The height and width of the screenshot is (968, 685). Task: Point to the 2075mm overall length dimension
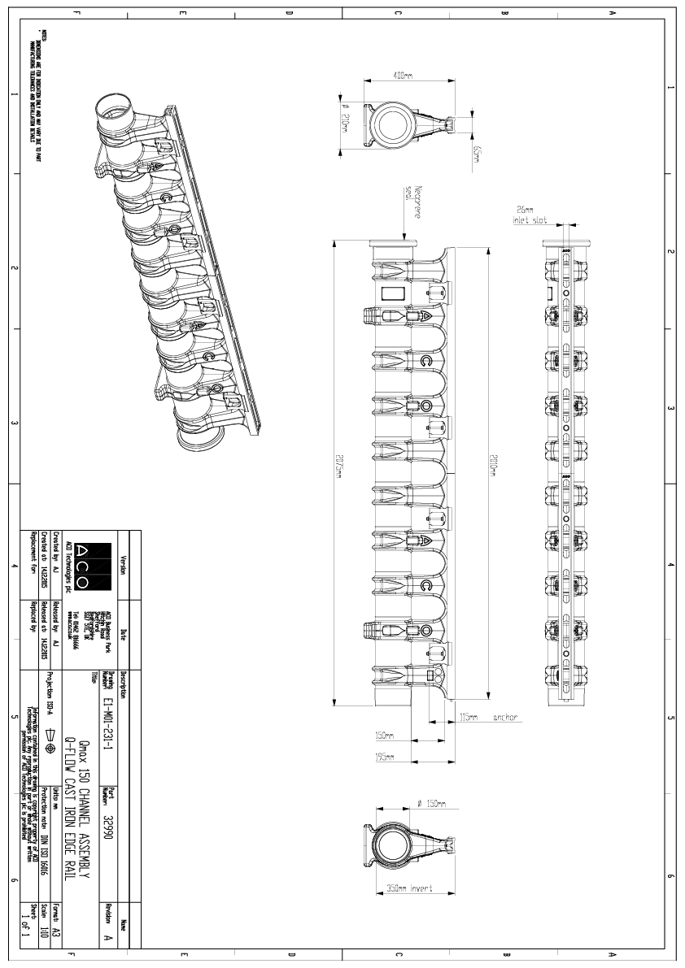(x=336, y=470)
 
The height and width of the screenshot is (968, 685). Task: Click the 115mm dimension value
(x=469, y=718)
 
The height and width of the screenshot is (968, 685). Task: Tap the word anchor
(x=504, y=718)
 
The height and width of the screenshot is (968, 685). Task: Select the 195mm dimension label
(x=385, y=757)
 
